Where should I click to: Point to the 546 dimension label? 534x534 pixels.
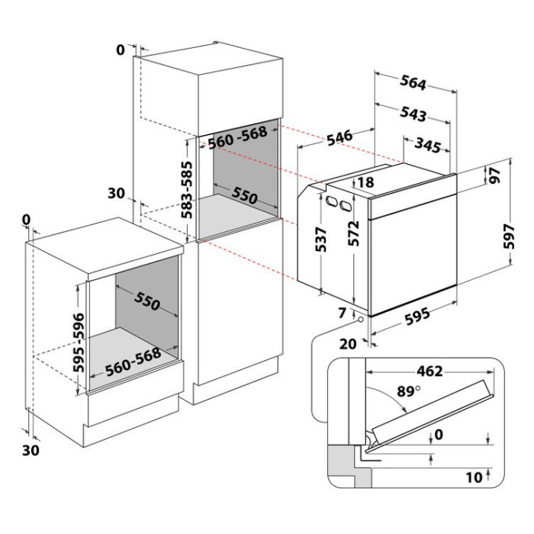[339, 137]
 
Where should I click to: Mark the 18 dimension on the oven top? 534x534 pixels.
[365, 182]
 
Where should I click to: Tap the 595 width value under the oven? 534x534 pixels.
[413, 314]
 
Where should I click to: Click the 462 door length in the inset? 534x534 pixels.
[429, 372]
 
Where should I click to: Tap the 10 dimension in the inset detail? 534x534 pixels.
[474, 478]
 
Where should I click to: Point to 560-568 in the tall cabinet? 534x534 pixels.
[236, 134]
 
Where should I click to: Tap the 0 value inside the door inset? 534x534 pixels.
[436, 435]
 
